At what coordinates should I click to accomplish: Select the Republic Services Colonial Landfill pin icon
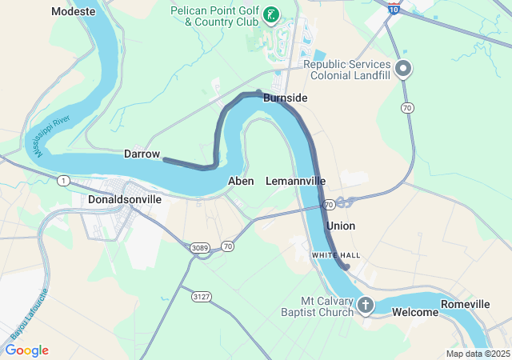(x=404, y=70)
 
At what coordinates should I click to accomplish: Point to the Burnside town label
(x=285, y=98)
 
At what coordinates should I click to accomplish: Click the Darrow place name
(x=142, y=154)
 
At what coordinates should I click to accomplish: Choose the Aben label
(x=241, y=181)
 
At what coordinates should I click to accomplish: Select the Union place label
(x=340, y=226)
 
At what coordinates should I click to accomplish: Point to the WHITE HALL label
(x=336, y=254)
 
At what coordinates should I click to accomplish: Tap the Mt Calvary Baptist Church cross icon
(x=366, y=304)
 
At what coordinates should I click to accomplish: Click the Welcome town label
(x=415, y=312)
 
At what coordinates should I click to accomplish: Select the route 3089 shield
(x=200, y=248)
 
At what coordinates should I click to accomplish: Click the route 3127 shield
(x=202, y=296)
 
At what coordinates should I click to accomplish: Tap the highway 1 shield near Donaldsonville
(x=62, y=181)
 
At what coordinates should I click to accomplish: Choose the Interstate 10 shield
(x=393, y=8)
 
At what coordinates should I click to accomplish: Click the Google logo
(x=26, y=350)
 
